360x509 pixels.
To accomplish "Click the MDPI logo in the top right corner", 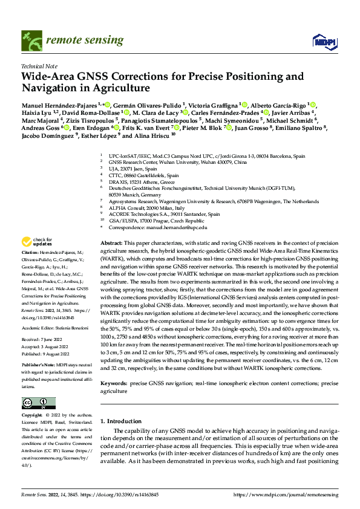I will [322, 41].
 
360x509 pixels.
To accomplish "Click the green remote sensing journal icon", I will [29, 40].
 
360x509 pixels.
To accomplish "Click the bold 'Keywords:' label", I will [115, 383].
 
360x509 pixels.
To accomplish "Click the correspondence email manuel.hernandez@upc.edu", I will [176, 227].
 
